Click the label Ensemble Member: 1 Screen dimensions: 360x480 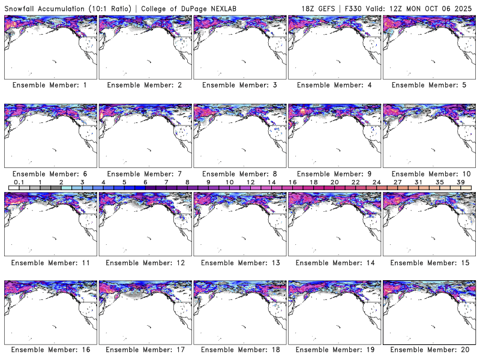tap(50, 85)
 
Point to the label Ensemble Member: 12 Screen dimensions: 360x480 tap(143, 262)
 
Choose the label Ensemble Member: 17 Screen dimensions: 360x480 tap(143, 350)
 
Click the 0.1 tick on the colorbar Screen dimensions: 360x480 tap(19, 182)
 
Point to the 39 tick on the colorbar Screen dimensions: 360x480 tap(461, 182)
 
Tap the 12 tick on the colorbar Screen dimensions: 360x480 tap(250, 182)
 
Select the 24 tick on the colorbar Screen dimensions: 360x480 tap(376, 182)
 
